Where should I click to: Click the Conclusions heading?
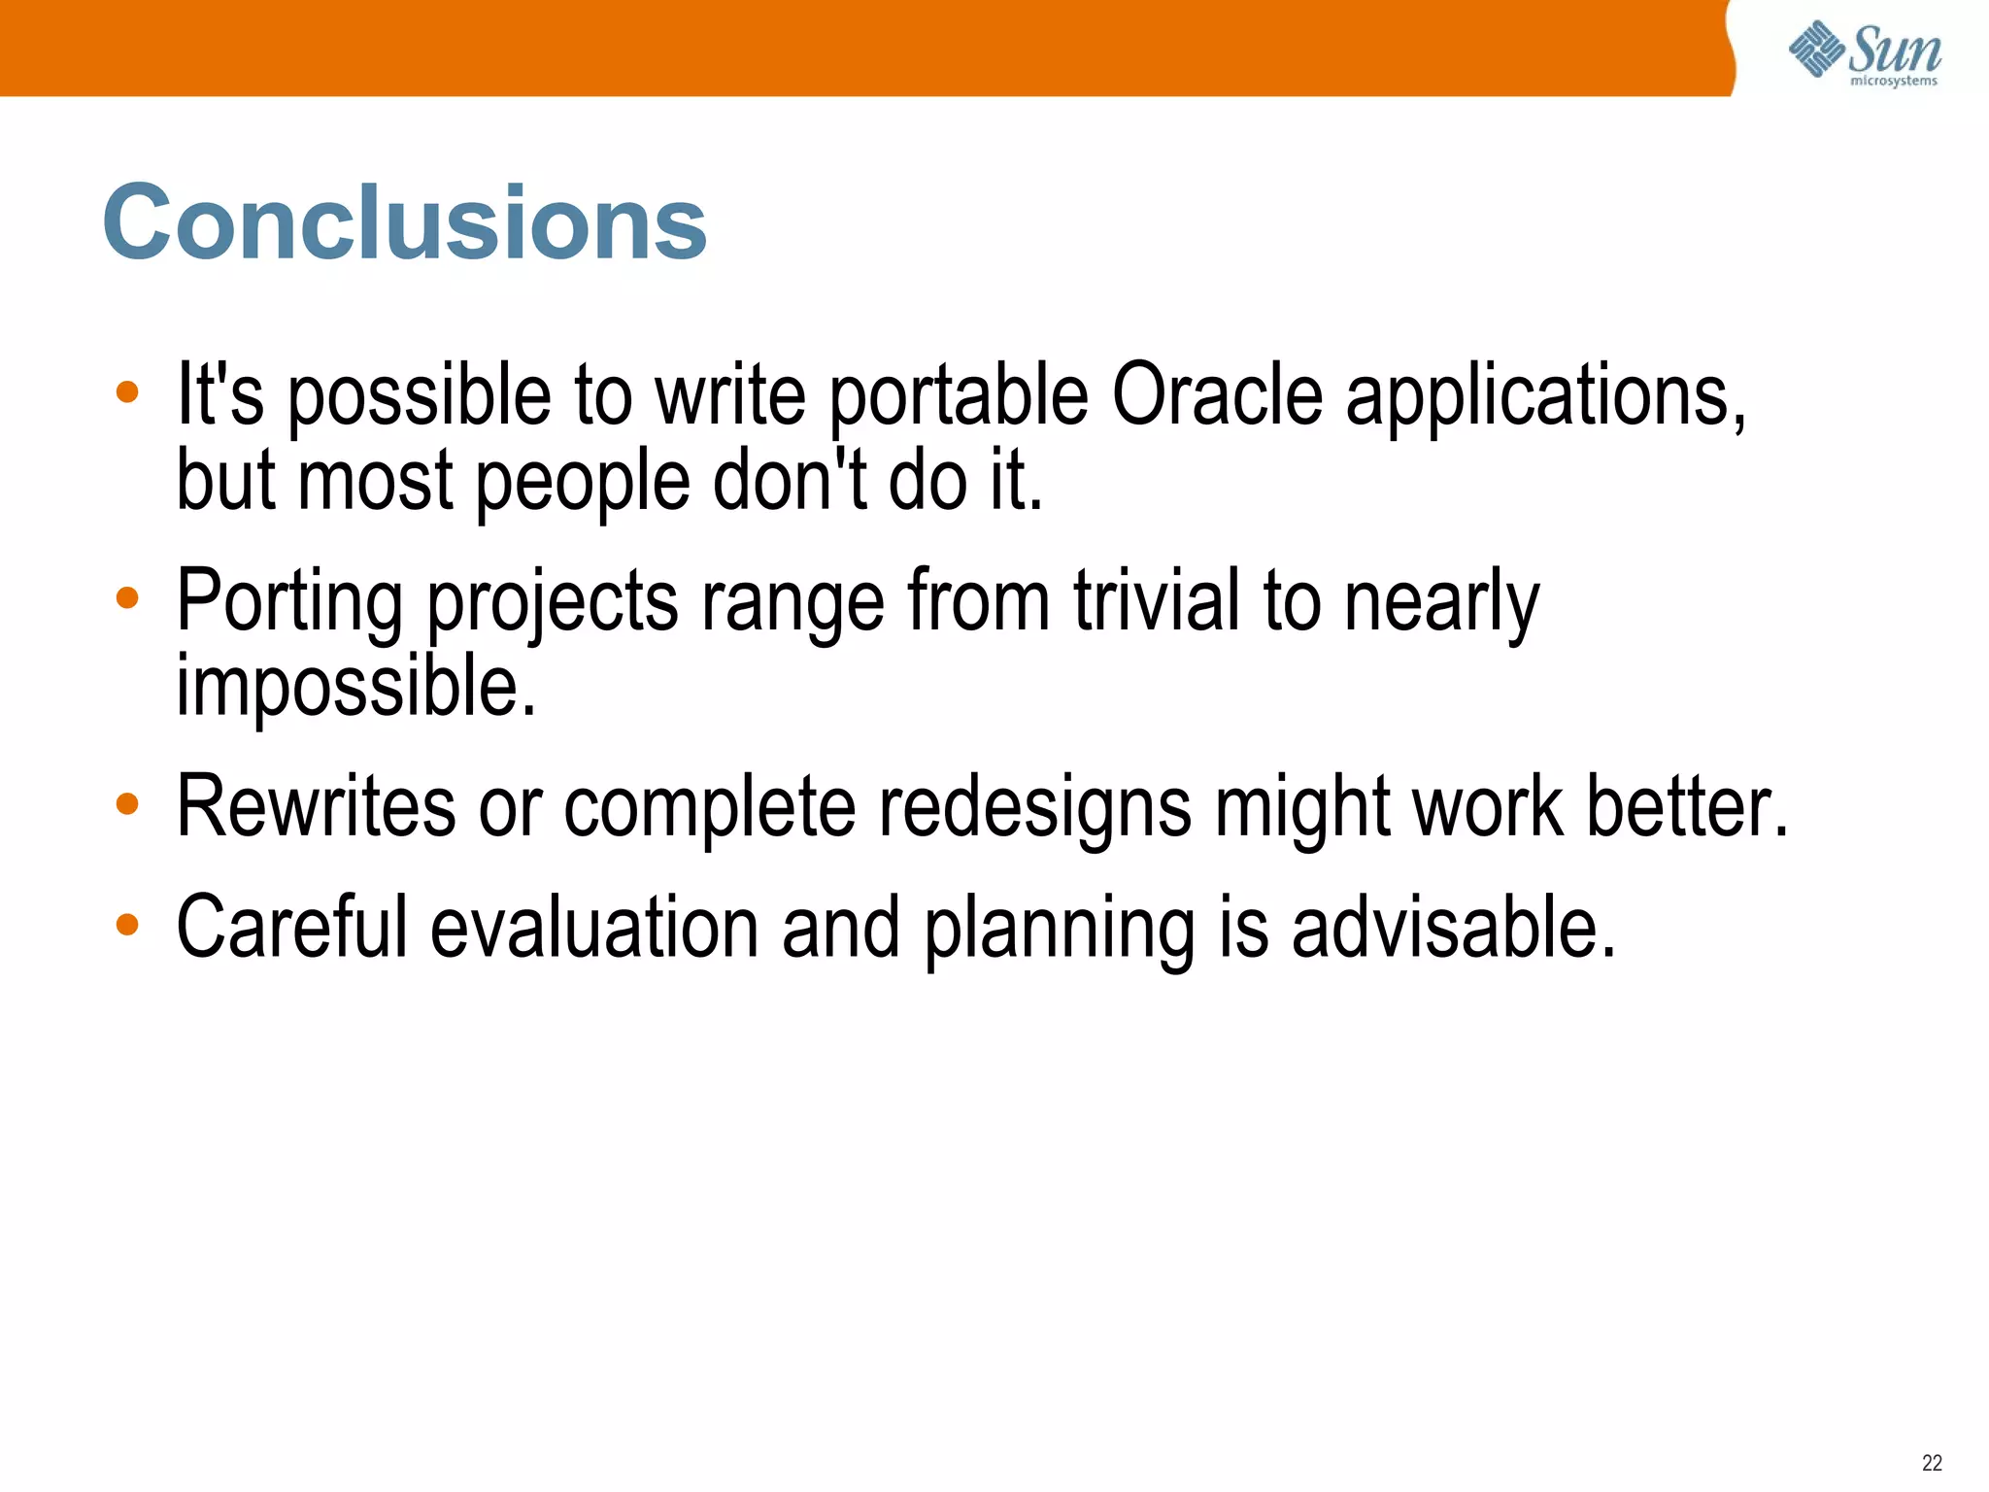[x=405, y=223]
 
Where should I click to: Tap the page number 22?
[x=1932, y=1463]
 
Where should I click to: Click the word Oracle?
[x=1217, y=395]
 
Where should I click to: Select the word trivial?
[x=1156, y=600]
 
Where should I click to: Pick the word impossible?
[x=355, y=686]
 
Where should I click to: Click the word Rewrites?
[x=316, y=806]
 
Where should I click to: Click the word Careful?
[x=290, y=928]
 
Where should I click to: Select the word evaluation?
[x=593, y=928]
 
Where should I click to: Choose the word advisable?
[x=1454, y=928]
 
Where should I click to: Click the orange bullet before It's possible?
[x=127, y=392]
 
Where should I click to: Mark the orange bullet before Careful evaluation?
[x=127, y=925]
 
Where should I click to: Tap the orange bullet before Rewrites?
[x=127, y=804]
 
